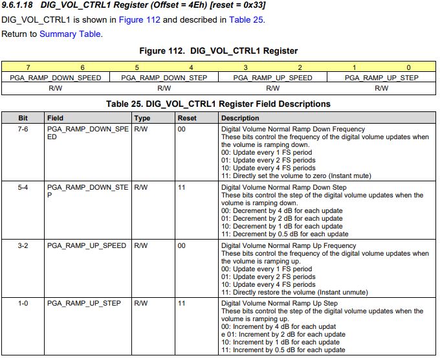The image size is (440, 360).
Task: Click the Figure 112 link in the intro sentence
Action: [138, 19]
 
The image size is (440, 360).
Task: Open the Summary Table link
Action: [70, 34]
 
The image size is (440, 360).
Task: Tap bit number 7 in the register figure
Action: [28, 67]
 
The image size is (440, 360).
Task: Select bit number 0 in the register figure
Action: [408, 67]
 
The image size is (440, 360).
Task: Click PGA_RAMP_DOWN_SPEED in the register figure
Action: [56, 78]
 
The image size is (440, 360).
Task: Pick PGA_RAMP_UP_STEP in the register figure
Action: [381, 78]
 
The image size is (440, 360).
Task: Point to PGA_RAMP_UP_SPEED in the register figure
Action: [272, 78]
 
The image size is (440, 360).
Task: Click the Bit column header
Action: [23, 118]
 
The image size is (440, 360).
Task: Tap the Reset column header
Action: [187, 118]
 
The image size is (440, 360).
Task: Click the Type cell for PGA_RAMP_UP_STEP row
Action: [141, 303]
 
